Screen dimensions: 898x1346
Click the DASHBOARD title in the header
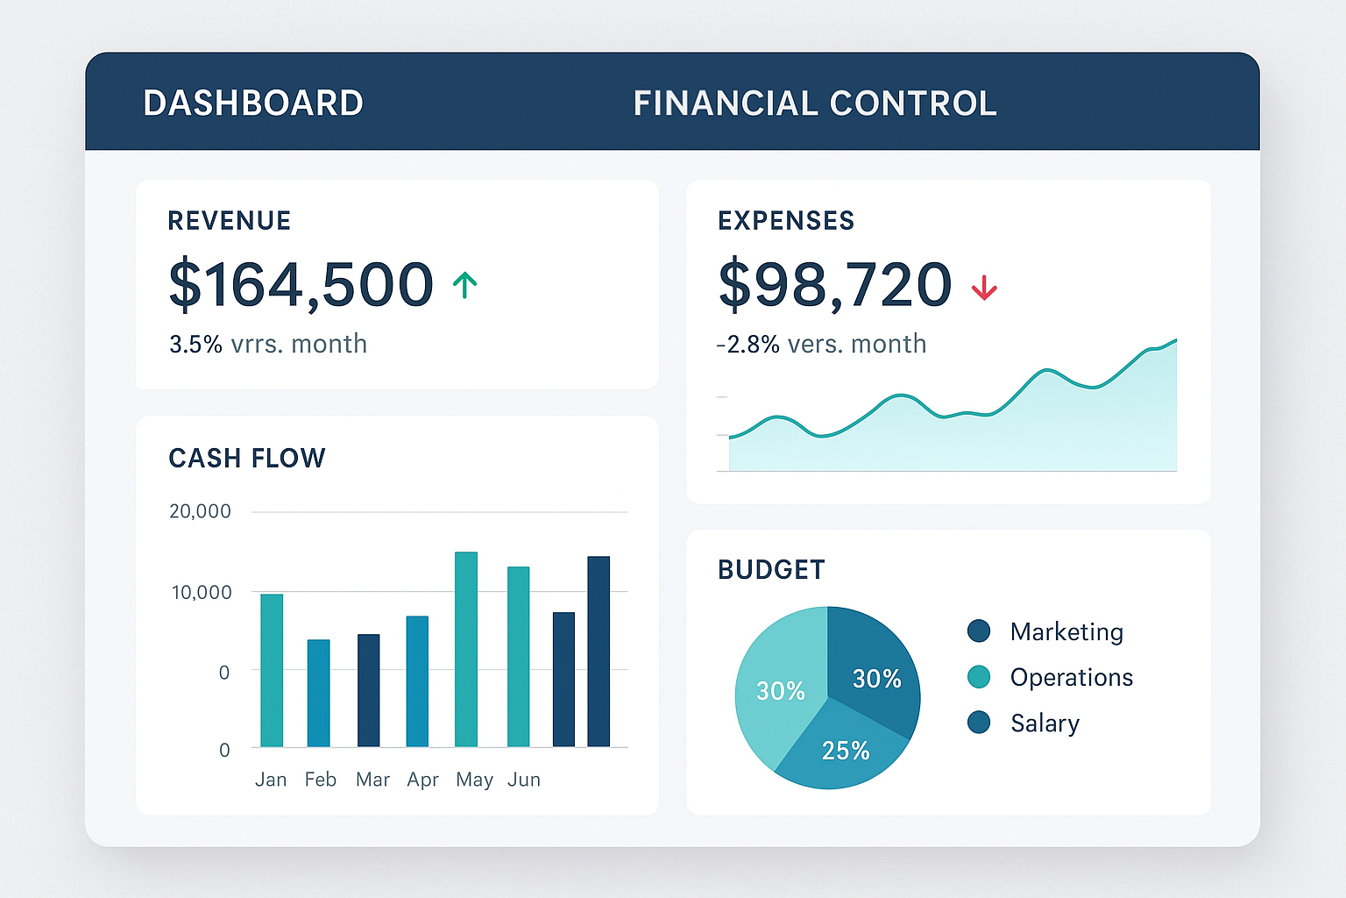click(x=253, y=103)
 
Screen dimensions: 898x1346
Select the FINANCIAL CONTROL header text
click(x=815, y=103)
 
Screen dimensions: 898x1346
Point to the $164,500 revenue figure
click(x=301, y=284)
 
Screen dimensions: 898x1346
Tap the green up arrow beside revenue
click(x=464, y=285)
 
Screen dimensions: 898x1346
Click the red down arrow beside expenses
click(x=984, y=288)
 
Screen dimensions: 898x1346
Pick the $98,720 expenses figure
click(x=834, y=284)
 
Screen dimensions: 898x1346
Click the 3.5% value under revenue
click(x=196, y=344)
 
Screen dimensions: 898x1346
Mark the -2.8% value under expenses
click(x=748, y=344)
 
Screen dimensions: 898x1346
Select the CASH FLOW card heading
click(x=247, y=458)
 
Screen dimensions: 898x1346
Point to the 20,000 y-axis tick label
click(x=200, y=511)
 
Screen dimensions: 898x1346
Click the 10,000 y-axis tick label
click(x=202, y=593)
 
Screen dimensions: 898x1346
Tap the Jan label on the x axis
click(x=271, y=780)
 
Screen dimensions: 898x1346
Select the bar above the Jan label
click(x=272, y=670)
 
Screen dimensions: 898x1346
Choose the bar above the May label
click(x=466, y=649)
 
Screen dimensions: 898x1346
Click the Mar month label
click(x=372, y=780)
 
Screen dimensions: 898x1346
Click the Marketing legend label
click(x=1066, y=631)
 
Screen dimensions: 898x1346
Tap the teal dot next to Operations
click(x=979, y=677)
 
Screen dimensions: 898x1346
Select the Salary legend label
click(x=1045, y=723)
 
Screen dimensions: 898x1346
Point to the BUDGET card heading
click(x=771, y=570)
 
